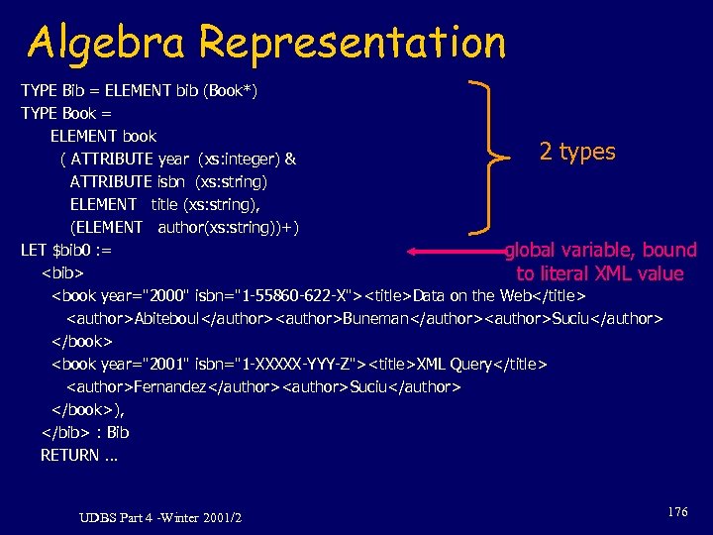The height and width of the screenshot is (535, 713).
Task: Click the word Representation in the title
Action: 352,43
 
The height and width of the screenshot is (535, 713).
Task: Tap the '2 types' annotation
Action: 577,152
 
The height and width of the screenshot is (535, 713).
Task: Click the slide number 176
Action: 677,511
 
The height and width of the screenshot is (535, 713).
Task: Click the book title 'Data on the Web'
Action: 468,295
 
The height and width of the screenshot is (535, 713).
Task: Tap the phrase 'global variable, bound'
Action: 601,250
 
